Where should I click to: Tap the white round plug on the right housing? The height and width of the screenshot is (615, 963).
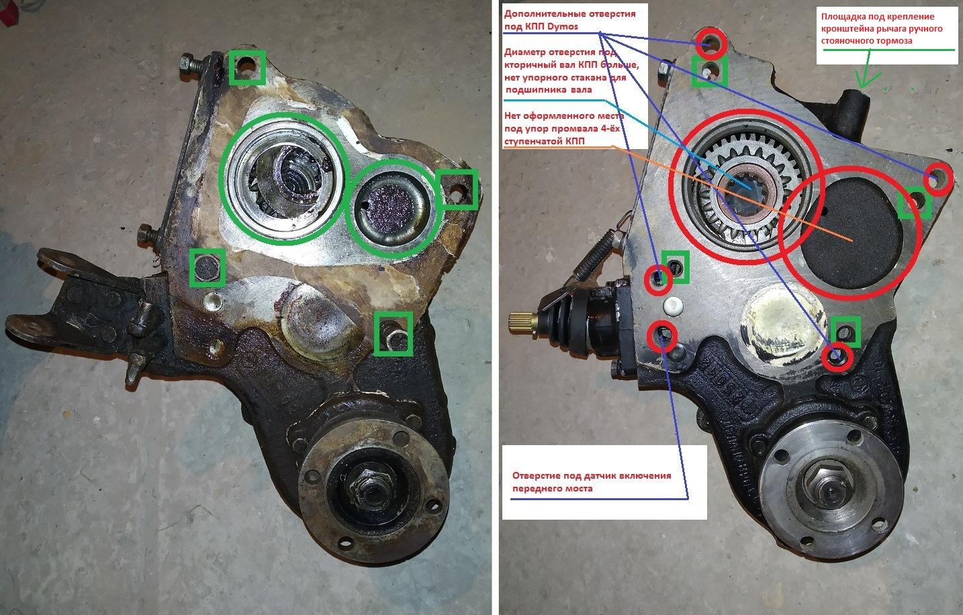pos(674,306)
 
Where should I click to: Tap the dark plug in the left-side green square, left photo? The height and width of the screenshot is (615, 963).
pos(207,268)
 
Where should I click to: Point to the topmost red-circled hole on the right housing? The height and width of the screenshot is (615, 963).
pos(710,43)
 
